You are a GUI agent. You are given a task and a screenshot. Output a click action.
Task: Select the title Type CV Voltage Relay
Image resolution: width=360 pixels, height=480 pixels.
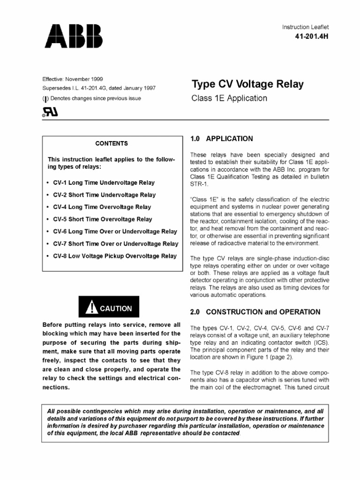tap(247, 85)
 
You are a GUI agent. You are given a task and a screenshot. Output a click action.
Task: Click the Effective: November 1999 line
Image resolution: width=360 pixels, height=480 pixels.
tap(73, 79)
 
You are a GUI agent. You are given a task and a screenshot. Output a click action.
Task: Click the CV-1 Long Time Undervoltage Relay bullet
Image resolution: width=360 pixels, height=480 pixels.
tap(104, 183)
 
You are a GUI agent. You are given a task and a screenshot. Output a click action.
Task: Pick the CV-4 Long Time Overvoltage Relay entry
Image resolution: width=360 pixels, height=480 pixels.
tap(102, 207)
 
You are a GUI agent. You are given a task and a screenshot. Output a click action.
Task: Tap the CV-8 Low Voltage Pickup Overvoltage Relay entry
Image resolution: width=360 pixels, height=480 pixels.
tap(115, 256)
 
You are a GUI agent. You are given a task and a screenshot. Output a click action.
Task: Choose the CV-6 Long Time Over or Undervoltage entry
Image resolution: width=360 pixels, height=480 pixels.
tap(115, 232)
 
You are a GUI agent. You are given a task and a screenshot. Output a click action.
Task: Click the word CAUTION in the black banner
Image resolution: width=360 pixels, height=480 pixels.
tap(115, 308)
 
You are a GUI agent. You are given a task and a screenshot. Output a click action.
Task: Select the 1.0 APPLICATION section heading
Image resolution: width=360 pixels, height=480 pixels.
tap(221, 139)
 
